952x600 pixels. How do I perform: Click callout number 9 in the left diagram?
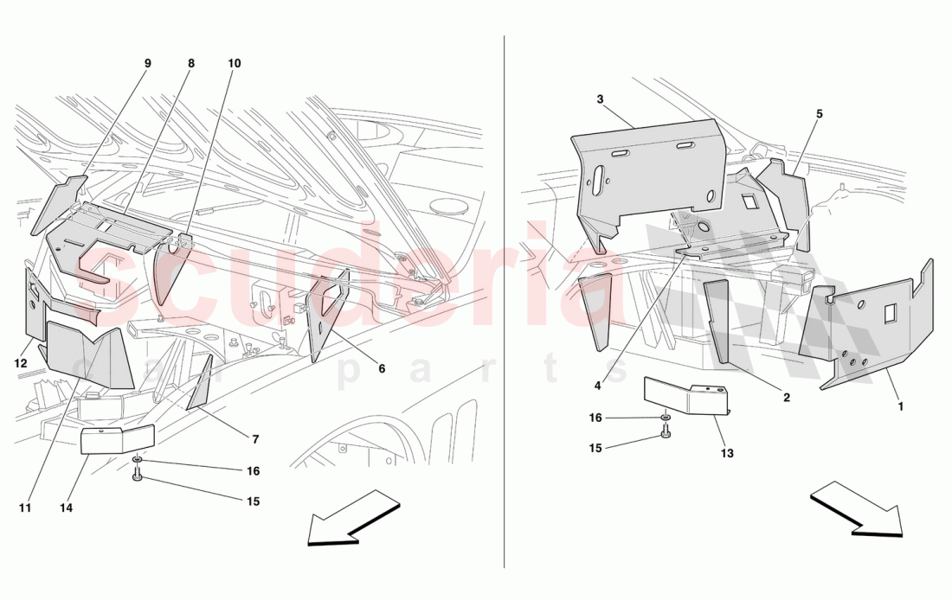[147, 63]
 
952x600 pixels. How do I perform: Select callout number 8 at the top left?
[190, 63]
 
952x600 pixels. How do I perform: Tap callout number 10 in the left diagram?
[235, 63]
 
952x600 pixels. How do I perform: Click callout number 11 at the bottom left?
[25, 507]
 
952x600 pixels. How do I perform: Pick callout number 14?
[67, 507]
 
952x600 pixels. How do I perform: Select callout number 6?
[382, 368]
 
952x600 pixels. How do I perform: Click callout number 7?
[256, 439]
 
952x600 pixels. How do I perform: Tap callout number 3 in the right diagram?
[600, 99]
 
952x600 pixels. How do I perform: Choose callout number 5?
[819, 113]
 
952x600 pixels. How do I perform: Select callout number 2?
[786, 398]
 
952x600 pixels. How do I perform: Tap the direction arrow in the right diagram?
[857, 509]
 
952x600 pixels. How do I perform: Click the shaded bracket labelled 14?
[117, 439]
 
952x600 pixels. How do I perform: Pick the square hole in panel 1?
[889, 317]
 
